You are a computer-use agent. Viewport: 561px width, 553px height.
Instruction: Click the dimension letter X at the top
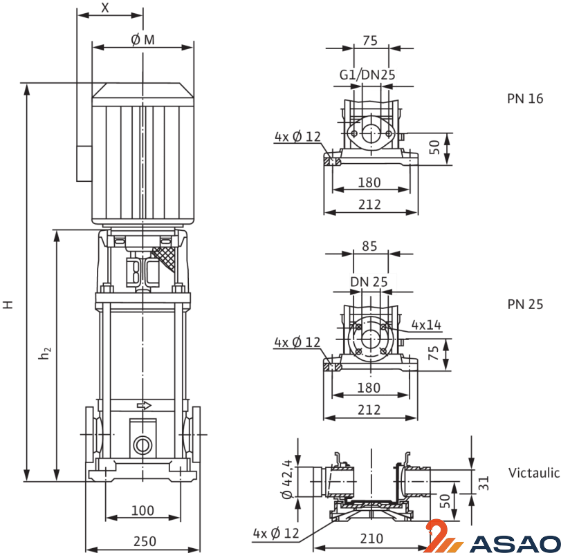(105, 8)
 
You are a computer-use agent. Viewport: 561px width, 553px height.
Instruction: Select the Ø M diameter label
(142, 41)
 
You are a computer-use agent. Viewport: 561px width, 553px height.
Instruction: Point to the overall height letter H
(8, 304)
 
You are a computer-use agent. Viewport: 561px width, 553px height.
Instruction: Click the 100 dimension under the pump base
(142, 511)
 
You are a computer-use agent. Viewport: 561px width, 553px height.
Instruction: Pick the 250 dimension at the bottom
(145, 541)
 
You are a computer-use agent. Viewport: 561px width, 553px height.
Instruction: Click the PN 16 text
(525, 99)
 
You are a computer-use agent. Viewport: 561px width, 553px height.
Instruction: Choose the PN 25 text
(525, 304)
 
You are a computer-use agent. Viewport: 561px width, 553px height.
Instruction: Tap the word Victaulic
(534, 474)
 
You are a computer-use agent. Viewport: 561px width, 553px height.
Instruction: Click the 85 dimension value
(369, 245)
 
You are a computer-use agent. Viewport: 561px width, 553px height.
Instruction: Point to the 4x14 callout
(426, 324)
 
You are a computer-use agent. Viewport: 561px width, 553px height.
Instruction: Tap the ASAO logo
(491, 538)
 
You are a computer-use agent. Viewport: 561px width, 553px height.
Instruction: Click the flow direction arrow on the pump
(144, 405)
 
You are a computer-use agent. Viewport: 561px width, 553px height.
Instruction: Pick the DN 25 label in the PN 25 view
(369, 281)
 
